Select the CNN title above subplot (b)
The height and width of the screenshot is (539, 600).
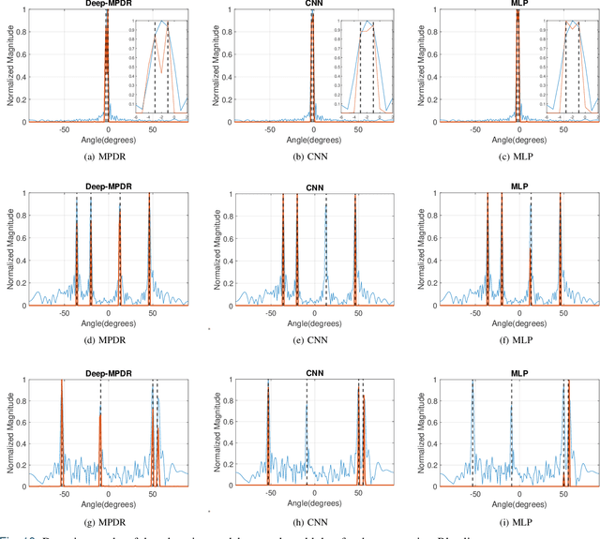point(312,4)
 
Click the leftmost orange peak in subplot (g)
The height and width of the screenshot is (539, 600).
point(62,431)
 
